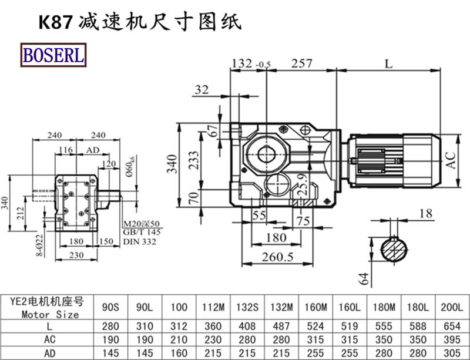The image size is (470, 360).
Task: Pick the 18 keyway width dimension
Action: (426, 213)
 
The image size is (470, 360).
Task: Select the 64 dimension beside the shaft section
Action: (364, 277)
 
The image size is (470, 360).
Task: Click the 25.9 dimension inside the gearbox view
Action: (301, 185)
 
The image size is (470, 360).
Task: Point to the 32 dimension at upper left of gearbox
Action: (202, 89)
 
